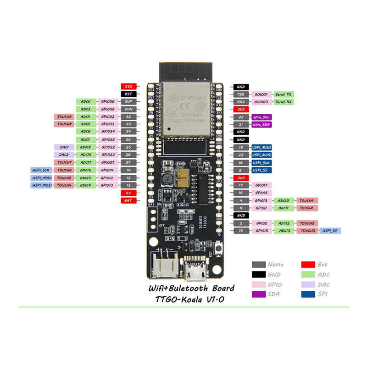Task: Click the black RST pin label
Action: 128,94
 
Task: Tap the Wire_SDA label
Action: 261,124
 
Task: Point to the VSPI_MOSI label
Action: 262,155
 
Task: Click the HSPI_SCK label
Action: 41,170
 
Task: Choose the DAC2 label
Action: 64,155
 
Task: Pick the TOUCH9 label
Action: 64,117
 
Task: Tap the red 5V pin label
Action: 128,193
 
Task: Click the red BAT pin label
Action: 128,200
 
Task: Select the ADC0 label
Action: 86,101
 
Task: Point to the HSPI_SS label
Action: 330,231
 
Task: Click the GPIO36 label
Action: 108,101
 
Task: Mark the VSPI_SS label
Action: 261,170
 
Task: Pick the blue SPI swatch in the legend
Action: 308,295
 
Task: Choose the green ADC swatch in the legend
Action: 308,274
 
